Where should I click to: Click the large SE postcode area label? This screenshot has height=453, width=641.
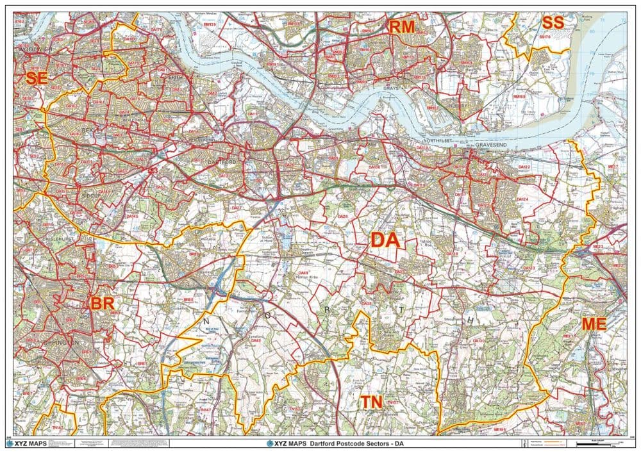[x=36, y=79]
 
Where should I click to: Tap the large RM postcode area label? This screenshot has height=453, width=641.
[x=402, y=27]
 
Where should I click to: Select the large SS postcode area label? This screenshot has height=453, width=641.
[x=552, y=22]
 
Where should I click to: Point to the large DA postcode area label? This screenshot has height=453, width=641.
[x=385, y=240]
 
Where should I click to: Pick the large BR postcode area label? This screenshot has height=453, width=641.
[x=102, y=303]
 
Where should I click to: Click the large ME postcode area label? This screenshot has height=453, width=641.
[x=594, y=324]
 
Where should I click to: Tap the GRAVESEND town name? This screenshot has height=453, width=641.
[x=492, y=146]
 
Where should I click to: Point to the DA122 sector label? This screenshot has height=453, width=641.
[x=524, y=167]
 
